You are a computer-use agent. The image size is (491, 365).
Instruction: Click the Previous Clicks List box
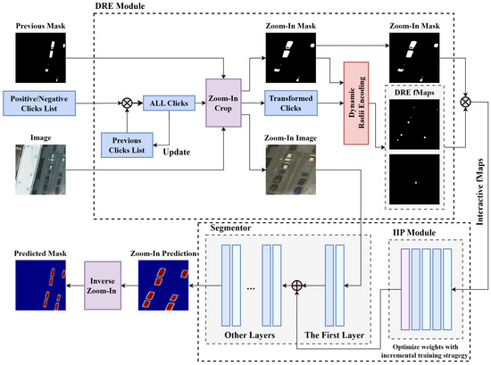click(x=132, y=144)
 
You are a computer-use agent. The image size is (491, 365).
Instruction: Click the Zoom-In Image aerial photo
click(x=289, y=170)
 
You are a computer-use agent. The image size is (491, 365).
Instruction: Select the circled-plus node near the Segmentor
click(x=298, y=287)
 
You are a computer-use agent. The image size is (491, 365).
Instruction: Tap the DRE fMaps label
click(x=413, y=91)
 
